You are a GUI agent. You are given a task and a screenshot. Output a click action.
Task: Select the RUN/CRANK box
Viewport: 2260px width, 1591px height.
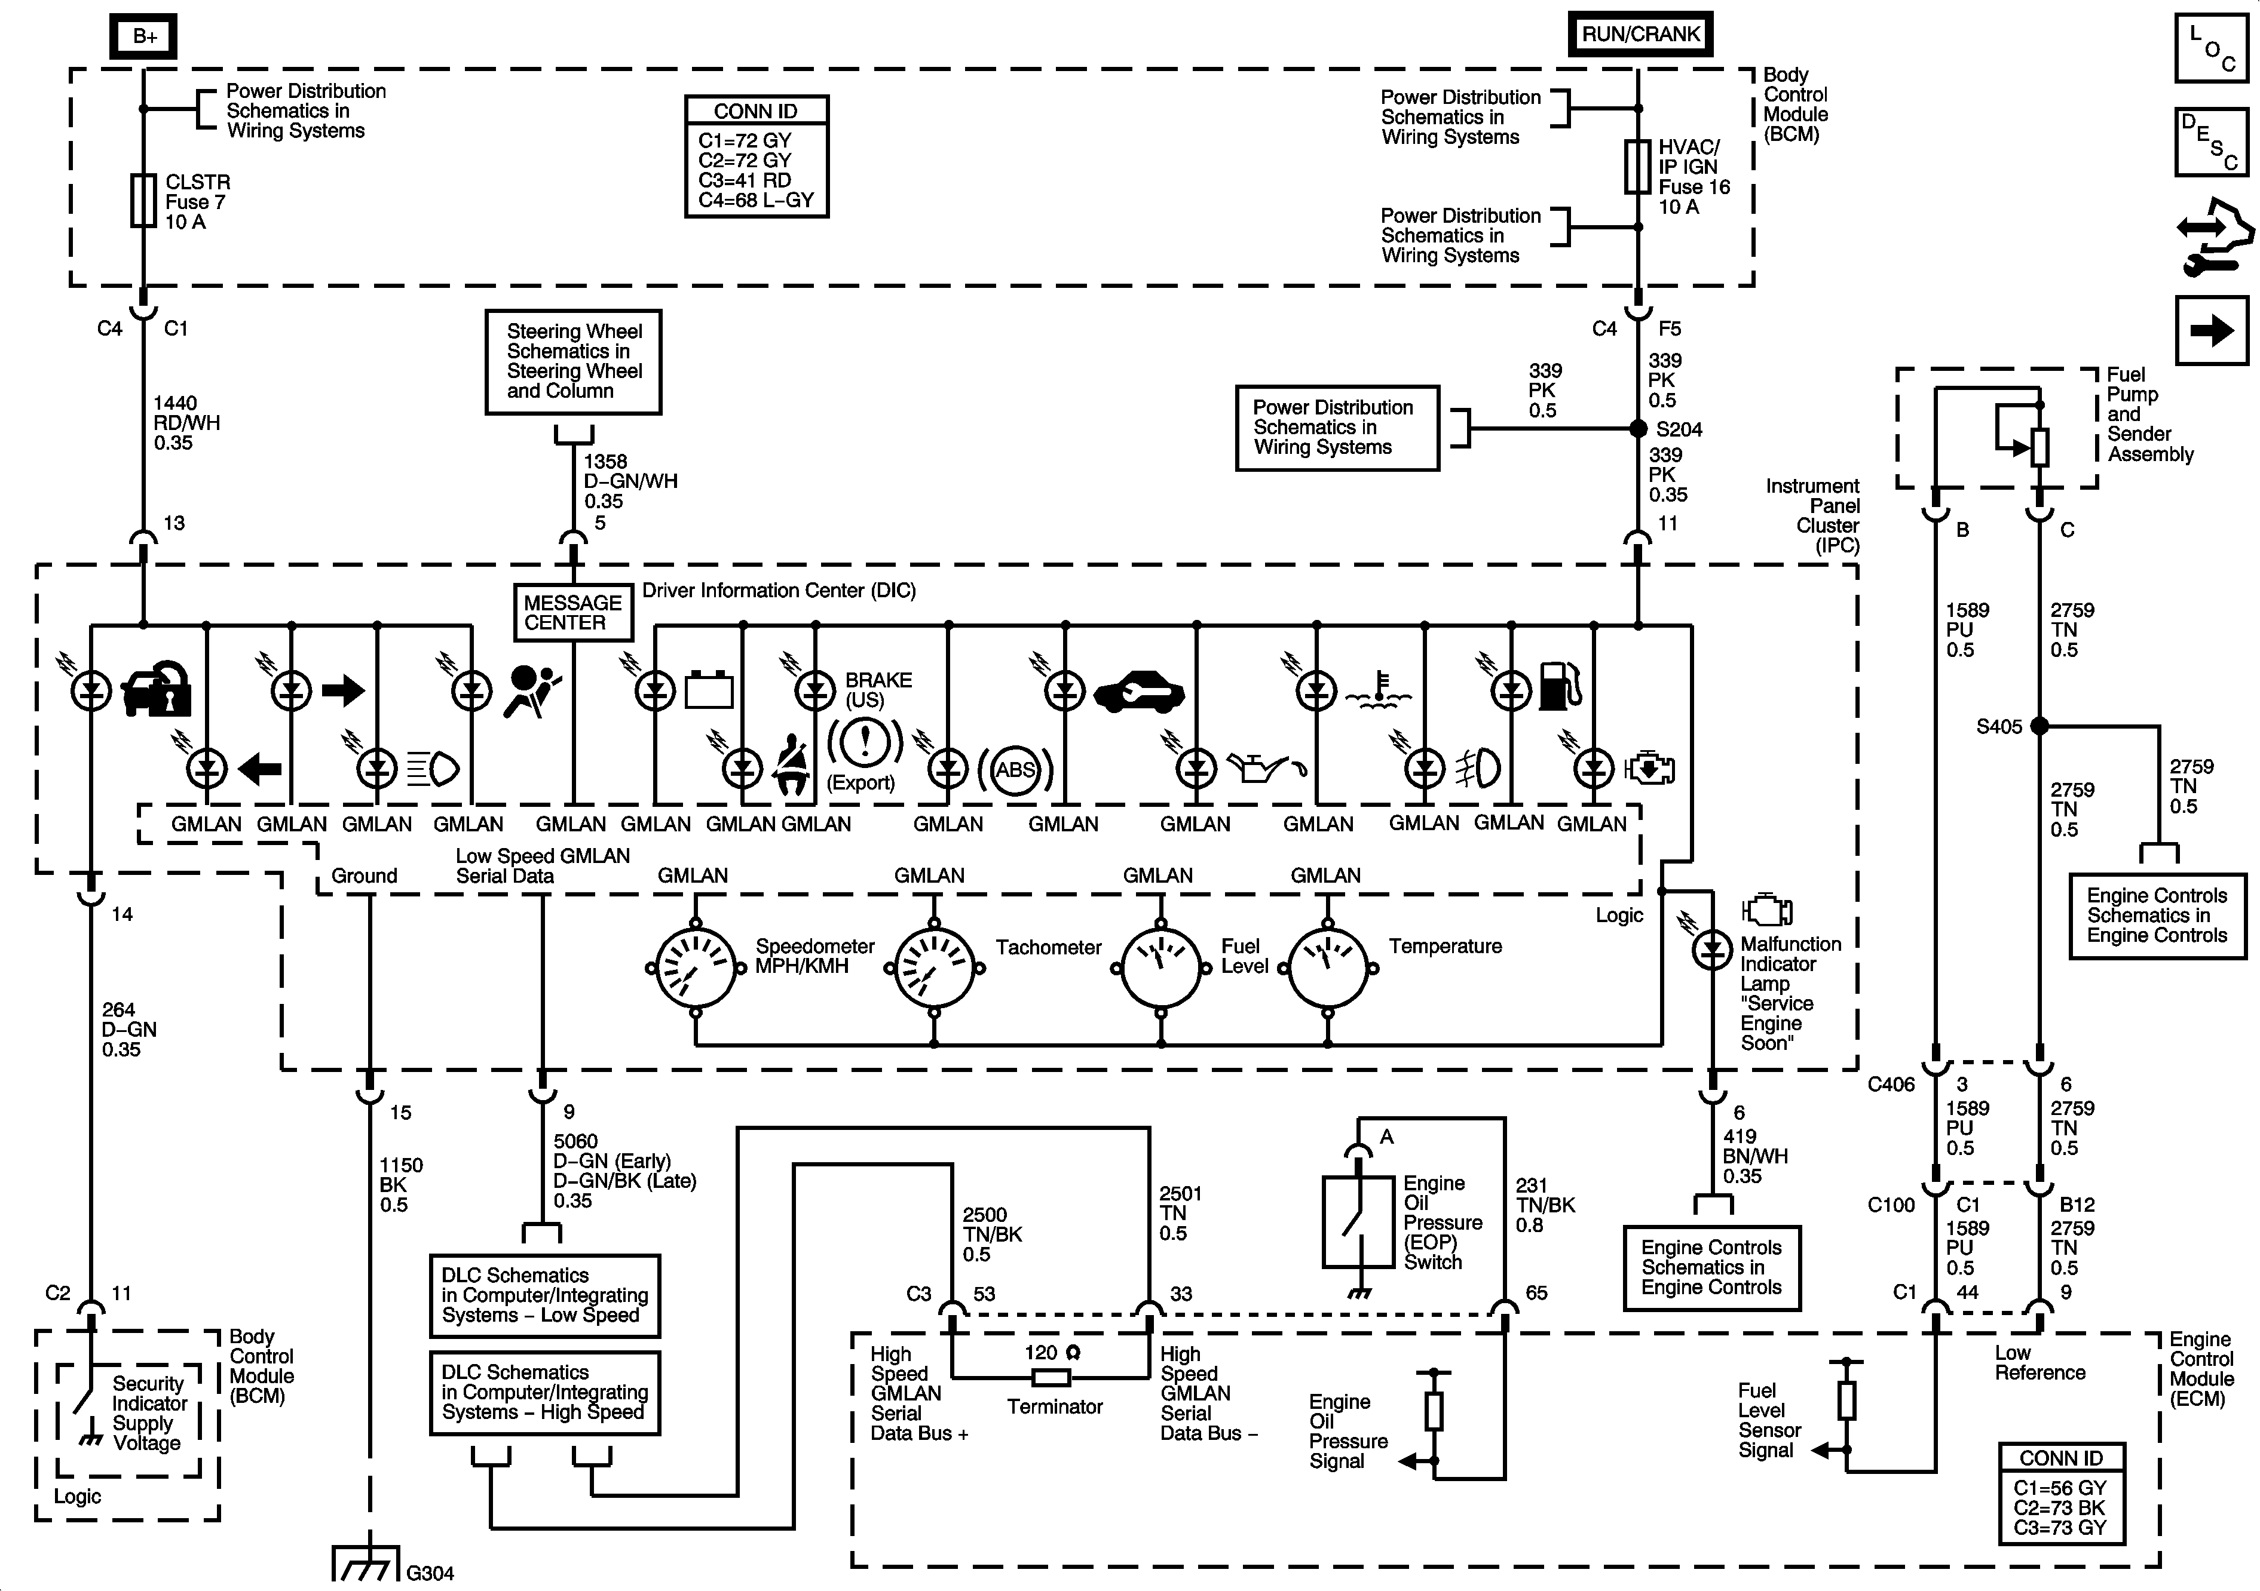(x=1640, y=33)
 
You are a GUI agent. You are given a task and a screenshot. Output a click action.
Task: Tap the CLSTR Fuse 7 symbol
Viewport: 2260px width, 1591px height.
(x=143, y=201)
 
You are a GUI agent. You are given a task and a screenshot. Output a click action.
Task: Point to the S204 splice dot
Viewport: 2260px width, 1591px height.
(x=1638, y=429)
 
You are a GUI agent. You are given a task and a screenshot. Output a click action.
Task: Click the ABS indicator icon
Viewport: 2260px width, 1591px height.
(x=1015, y=769)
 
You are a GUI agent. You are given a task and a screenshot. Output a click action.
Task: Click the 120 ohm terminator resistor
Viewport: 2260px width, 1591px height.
(x=1052, y=1377)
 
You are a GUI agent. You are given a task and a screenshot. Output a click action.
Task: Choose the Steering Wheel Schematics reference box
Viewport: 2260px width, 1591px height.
(x=573, y=362)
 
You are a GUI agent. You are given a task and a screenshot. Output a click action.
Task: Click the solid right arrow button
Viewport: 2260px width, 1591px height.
(x=2211, y=330)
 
